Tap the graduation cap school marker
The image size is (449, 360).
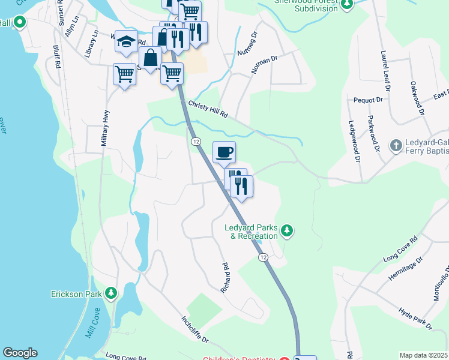(x=126, y=41)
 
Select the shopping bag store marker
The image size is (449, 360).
(x=150, y=58)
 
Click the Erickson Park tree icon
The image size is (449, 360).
(x=110, y=293)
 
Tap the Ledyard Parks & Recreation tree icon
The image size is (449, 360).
(x=287, y=230)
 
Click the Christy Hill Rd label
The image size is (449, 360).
(x=209, y=109)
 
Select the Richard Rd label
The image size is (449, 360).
(x=226, y=277)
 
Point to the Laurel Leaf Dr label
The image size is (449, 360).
(x=384, y=70)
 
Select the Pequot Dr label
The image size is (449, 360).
(x=368, y=100)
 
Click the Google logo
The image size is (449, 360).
(x=20, y=353)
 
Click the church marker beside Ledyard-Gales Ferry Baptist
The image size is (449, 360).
(x=396, y=145)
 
